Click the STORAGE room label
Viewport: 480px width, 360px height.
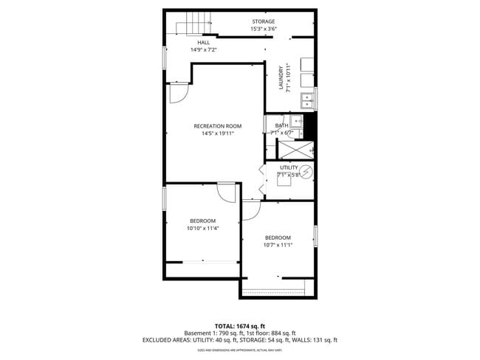263,21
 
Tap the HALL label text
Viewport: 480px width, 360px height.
182,42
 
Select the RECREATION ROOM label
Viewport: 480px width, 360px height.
217,126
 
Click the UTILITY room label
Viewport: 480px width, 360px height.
289,167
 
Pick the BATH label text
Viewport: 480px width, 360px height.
281,125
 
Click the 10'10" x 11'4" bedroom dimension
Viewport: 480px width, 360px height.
202,229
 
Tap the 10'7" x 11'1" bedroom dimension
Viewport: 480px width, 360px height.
278,245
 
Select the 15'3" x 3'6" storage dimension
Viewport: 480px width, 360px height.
263,30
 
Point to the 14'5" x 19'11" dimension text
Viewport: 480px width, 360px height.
217,134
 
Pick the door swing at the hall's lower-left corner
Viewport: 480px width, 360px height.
178,92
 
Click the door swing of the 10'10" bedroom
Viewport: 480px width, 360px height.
227,192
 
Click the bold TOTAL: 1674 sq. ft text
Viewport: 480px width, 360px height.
239,325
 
